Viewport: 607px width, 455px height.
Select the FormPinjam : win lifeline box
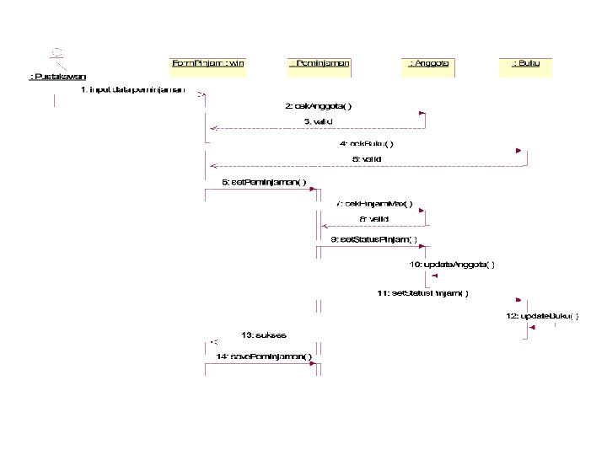[x=207, y=64]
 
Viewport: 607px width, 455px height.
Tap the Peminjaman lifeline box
[x=320, y=64]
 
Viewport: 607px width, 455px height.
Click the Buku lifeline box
[x=526, y=64]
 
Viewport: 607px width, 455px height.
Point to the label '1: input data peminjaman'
[x=132, y=89]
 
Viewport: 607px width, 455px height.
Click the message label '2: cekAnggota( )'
[x=319, y=106]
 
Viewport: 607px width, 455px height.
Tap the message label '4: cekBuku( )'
[x=366, y=144]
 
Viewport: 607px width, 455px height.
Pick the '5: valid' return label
[x=366, y=159]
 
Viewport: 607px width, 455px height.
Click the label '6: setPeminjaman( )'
[x=258, y=181]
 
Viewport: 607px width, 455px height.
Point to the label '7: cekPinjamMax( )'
[x=374, y=203]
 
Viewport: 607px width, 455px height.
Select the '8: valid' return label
[x=374, y=219]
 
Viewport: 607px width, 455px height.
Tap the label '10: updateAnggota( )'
[x=452, y=264]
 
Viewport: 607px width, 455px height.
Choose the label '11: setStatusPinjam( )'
[x=423, y=293]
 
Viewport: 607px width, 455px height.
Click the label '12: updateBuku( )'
[x=542, y=316]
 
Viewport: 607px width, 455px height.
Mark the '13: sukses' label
[x=263, y=335]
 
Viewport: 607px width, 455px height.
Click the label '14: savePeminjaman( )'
[x=264, y=356]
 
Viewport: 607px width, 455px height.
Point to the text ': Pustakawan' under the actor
[x=57, y=78]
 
